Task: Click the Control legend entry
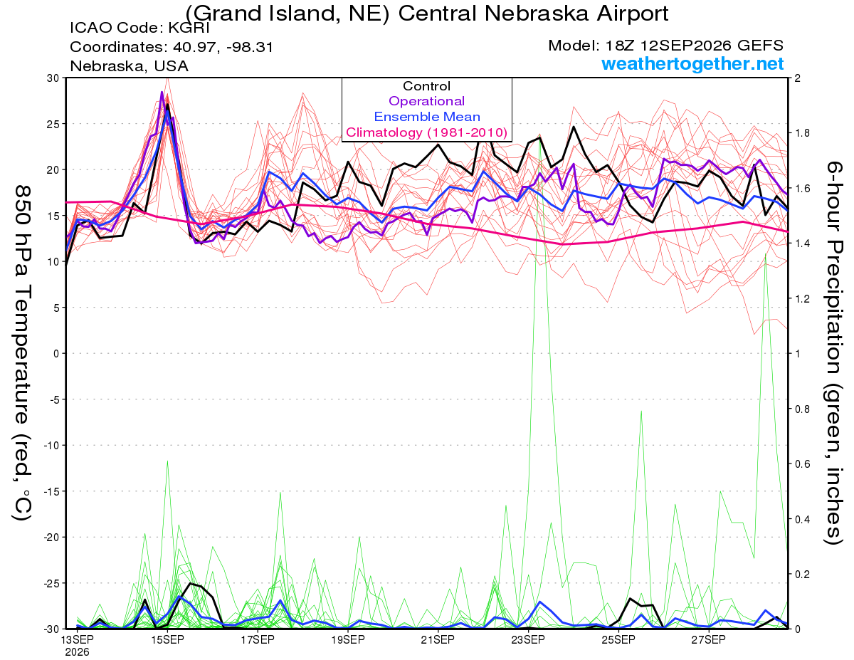(x=426, y=86)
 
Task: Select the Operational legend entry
(x=426, y=101)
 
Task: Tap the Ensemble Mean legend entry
(x=427, y=117)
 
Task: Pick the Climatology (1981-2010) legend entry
(x=426, y=132)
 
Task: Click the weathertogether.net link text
(x=692, y=64)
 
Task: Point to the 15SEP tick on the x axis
(x=167, y=639)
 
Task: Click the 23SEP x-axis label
(x=528, y=639)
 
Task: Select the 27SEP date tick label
(x=708, y=639)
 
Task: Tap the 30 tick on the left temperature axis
(x=53, y=78)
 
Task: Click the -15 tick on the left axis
(x=51, y=491)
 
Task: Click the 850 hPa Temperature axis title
(x=22, y=353)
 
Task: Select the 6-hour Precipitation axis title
(x=833, y=352)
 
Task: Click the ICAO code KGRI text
(x=139, y=28)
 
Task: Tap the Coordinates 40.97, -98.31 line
(x=172, y=47)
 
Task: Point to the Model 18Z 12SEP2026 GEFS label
(x=665, y=46)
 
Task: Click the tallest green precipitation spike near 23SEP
(x=540, y=135)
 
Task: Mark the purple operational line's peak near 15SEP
(x=162, y=93)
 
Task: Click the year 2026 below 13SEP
(x=77, y=652)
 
